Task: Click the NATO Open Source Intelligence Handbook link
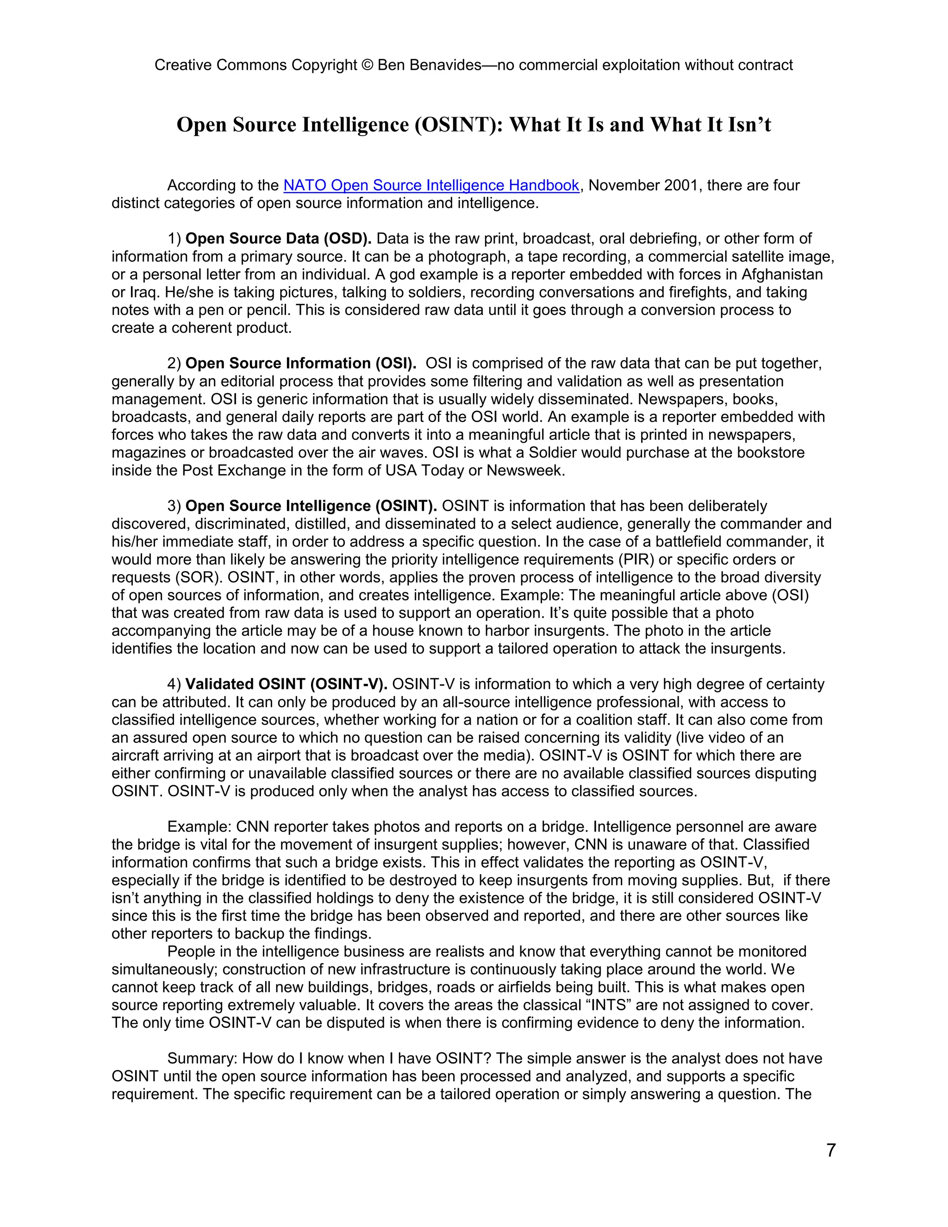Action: coord(431,185)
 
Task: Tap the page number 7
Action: coord(830,1150)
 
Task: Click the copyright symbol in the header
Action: coord(367,65)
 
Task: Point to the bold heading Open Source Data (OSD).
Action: coord(278,239)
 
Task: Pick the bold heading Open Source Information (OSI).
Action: coord(300,363)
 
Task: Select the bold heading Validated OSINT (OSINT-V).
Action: coord(286,684)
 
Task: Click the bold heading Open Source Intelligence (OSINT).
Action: coord(311,506)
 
